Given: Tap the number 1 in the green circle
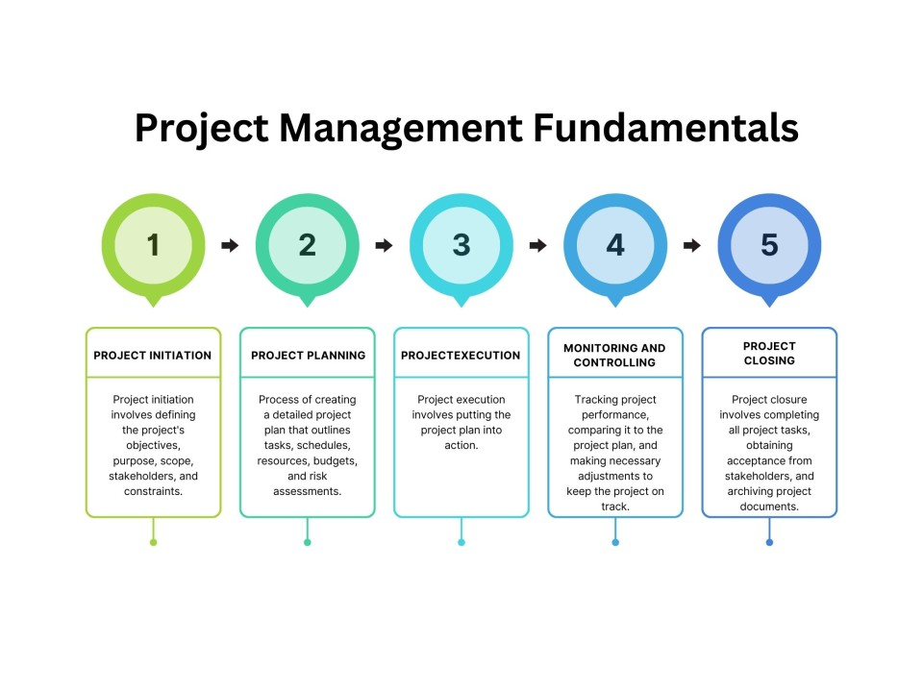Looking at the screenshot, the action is pyautogui.click(x=153, y=245).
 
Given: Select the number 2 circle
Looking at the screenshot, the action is pyautogui.click(x=307, y=245).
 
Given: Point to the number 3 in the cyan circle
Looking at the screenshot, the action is pyautogui.click(x=461, y=245).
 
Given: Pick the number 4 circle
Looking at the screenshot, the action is pyautogui.click(x=615, y=245).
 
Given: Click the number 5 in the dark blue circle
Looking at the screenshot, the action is pyautogui.click(x=769, y=245).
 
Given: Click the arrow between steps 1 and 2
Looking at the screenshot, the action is pyautogui.click(x=230, y=246).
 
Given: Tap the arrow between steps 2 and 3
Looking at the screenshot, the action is pyautogui.click(x=384, y=246).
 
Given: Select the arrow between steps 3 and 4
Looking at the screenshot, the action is pyautogui.click(x=538, y=246).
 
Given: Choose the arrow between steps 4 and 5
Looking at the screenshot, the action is pyautogui.click(x=692, y=246).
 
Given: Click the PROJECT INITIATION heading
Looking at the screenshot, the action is pyautogui.click(x=153, y=356).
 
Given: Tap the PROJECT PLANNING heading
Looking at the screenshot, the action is pyautogui.click(x=308, y=356).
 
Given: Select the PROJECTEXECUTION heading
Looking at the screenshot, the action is pyautogui.click(x=461, y=356).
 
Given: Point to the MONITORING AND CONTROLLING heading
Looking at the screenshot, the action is pyautogui.click(x=614, y=355).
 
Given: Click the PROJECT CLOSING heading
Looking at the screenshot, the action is pyautogui.click(x=769, y=354).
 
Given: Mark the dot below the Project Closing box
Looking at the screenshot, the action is pyautogui.click(x=769, y=542).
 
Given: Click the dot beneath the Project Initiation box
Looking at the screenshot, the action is pyautogui.click(x=153, y=542).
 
